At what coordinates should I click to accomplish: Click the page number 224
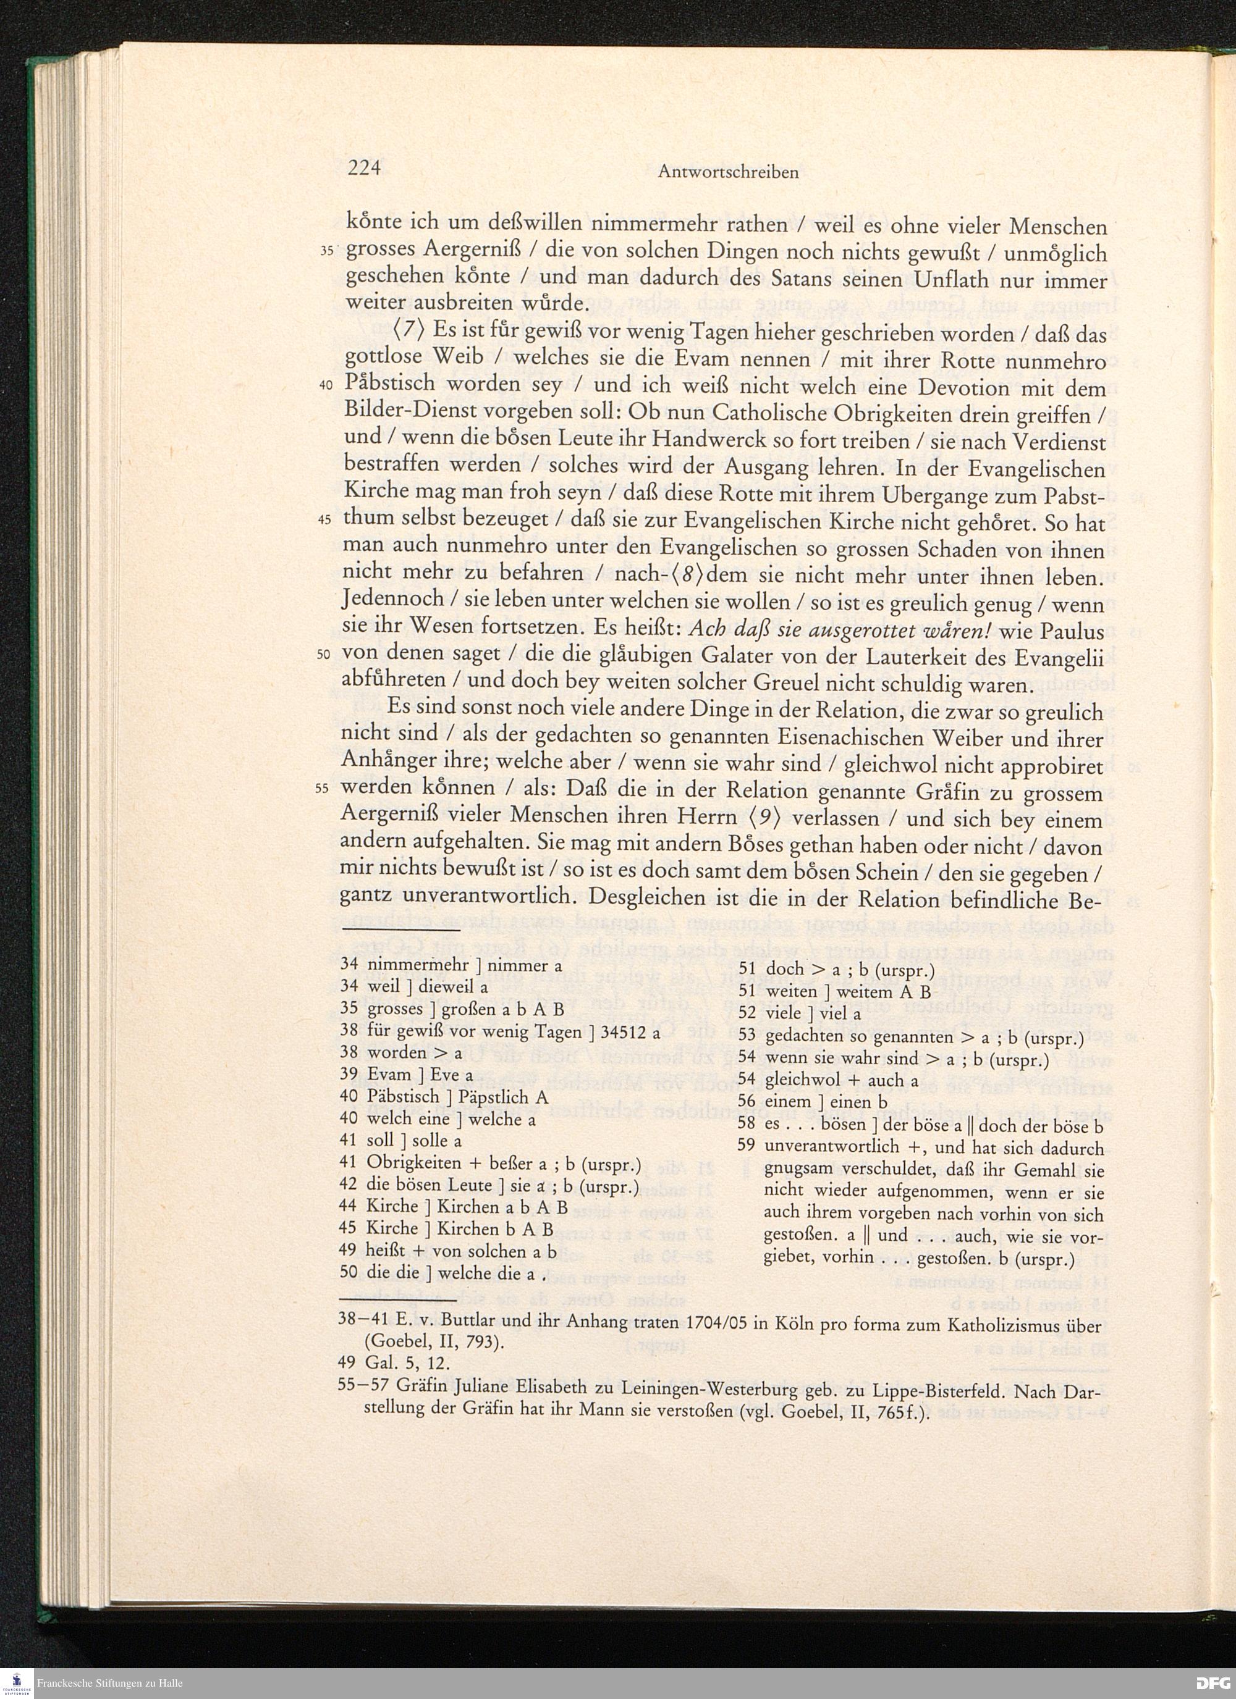coord(364,168)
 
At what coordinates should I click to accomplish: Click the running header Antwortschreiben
coord(728,172)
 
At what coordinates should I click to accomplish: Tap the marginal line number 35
coord(327,251)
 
